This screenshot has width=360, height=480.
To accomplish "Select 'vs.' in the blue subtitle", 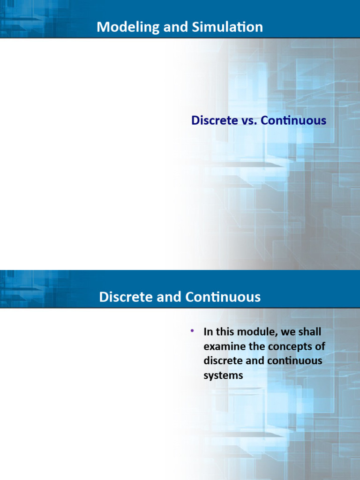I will [248, 120].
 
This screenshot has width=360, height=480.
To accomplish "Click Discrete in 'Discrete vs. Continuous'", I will [214, 120].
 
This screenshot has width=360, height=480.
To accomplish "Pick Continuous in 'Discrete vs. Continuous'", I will [293, 120].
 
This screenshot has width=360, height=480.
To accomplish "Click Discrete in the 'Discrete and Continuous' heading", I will [122, 297].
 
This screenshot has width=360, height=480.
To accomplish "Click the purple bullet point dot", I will [192, 331].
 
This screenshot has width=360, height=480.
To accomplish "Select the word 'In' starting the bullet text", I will [208, 332].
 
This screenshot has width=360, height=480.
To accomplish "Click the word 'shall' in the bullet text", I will [309, 332].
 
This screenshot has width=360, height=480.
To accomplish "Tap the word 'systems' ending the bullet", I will [223, 376].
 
